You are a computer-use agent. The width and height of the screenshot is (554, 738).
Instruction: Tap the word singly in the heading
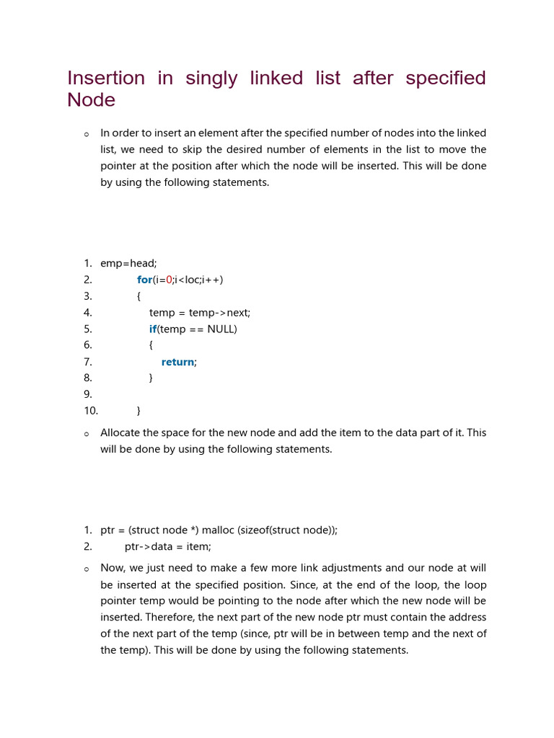coord(211,78)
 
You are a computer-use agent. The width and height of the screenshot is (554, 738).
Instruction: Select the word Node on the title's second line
coord(91,100)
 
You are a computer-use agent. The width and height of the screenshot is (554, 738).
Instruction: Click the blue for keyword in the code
coord(144,280)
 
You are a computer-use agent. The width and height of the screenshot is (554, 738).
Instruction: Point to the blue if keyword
coord(153,329)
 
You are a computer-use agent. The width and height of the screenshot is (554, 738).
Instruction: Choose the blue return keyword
coord(177,362)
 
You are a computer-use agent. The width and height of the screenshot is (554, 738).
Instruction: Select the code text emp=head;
coord(128,263)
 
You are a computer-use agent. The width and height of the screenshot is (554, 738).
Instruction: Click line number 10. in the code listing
coord(90,411)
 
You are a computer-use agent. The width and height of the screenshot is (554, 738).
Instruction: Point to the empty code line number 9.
coord(87,394)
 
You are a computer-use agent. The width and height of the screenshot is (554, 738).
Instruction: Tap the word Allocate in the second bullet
coord(121,432)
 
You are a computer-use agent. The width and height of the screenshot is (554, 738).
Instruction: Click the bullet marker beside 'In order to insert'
coord(87,134)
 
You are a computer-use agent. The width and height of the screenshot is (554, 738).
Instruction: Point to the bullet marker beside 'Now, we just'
coord(87,569)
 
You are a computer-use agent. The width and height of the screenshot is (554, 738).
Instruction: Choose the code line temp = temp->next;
coord(200,313)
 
